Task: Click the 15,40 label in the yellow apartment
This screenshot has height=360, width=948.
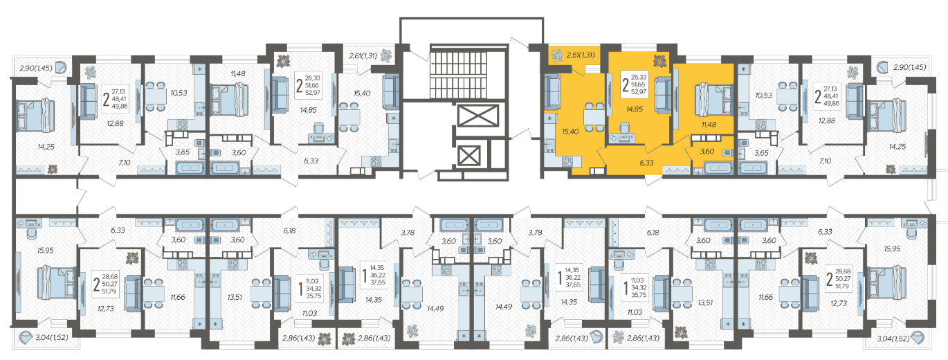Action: click(570, 132)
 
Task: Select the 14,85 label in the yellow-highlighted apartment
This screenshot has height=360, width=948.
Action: click(635, 109)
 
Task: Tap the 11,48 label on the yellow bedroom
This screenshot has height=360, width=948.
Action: click(709, 125)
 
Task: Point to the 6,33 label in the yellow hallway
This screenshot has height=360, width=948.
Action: click(647, 163)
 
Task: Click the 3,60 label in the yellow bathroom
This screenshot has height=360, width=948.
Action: click(707, 151)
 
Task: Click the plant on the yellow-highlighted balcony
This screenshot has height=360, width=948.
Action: click(556, 55)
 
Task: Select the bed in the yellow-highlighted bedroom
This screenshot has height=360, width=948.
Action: click(714, 100)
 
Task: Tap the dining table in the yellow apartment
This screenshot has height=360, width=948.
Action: click(594, 116)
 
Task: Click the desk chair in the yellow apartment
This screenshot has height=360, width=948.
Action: click(624, 127)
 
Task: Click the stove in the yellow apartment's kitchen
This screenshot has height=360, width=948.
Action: click(567, 161)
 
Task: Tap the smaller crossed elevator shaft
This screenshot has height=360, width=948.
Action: click(469, 156)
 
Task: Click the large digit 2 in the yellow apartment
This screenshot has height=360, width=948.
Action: click(626, 84)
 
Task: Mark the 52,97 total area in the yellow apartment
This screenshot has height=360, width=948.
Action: click(639, 92)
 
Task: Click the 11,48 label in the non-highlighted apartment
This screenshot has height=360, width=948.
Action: click(238, 73)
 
